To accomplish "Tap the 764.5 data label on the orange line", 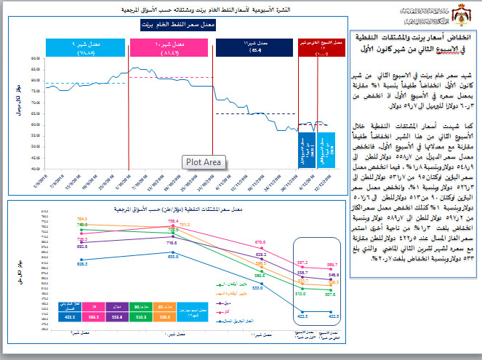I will coord(81,218).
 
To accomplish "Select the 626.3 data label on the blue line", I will coord(81,265).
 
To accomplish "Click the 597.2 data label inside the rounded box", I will coord(302,261).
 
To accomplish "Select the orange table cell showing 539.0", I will coord(164,316).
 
